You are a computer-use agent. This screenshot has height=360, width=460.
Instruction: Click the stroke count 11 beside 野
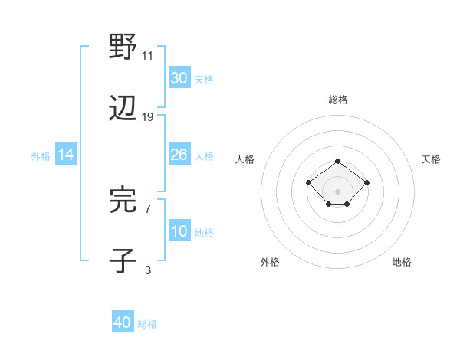point(148,56)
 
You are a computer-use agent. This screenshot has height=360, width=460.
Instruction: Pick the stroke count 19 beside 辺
point(148,116)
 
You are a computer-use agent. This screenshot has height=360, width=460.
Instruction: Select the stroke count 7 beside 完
point(148,208)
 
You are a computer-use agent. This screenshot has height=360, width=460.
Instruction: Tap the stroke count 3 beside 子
point(148,269)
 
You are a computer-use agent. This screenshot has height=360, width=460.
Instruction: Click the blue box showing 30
point(179,78)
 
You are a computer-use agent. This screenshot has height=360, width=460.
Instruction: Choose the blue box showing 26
point(179,155)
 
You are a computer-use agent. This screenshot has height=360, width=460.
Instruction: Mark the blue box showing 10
point(179,231)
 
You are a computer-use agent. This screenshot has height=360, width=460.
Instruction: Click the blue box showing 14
point(66,155)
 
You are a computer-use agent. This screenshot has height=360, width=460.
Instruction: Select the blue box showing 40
point(123,322)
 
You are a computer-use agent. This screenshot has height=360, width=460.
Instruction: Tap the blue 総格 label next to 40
point(147,324)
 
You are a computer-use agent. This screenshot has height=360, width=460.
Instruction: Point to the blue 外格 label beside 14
point(41,156)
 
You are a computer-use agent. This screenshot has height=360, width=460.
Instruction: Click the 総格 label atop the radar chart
point(338,100)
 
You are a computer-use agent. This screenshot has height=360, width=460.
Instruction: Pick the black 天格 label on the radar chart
point(431,159)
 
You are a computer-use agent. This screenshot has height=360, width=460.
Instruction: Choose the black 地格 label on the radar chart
point(402,263)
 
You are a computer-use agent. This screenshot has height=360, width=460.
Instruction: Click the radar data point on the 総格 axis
point(338,161)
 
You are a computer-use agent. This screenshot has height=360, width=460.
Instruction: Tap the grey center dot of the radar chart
point(338,191)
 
